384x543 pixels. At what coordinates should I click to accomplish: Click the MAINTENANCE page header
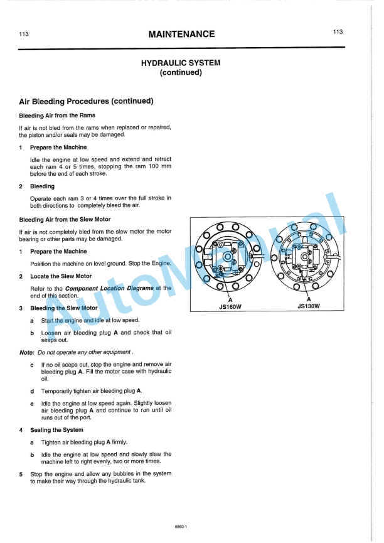[x=181, y=35]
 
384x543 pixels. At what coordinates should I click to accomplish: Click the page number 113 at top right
[x=338, y=31]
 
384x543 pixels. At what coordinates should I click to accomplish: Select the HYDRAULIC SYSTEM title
[x=181, y=63]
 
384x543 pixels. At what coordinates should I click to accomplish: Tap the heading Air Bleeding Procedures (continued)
[x=87, y=101]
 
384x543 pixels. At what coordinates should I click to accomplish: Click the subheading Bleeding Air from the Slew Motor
[x=65, y=220]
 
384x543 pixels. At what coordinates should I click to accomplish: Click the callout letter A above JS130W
[x=309, y=299]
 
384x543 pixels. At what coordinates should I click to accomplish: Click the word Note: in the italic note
[x=27, y=352]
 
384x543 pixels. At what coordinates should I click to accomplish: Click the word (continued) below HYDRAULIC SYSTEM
[x=181, y=72]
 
